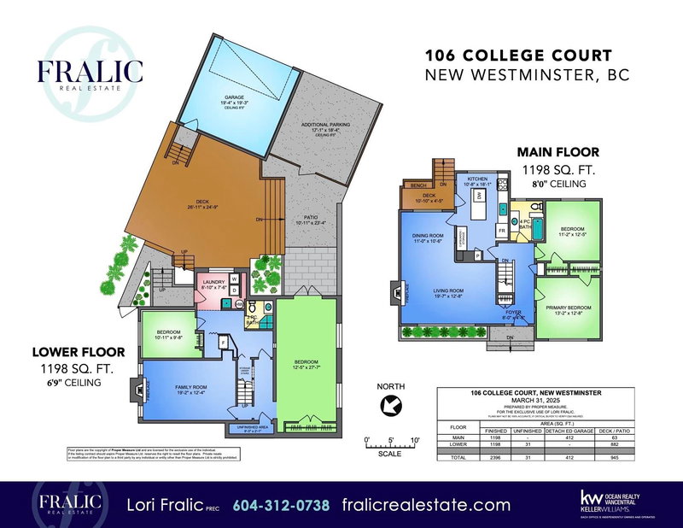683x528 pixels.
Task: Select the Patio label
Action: tap(297, 219)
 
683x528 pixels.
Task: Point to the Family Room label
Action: tap(191, 390)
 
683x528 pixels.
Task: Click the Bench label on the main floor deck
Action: tap(418, 185)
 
